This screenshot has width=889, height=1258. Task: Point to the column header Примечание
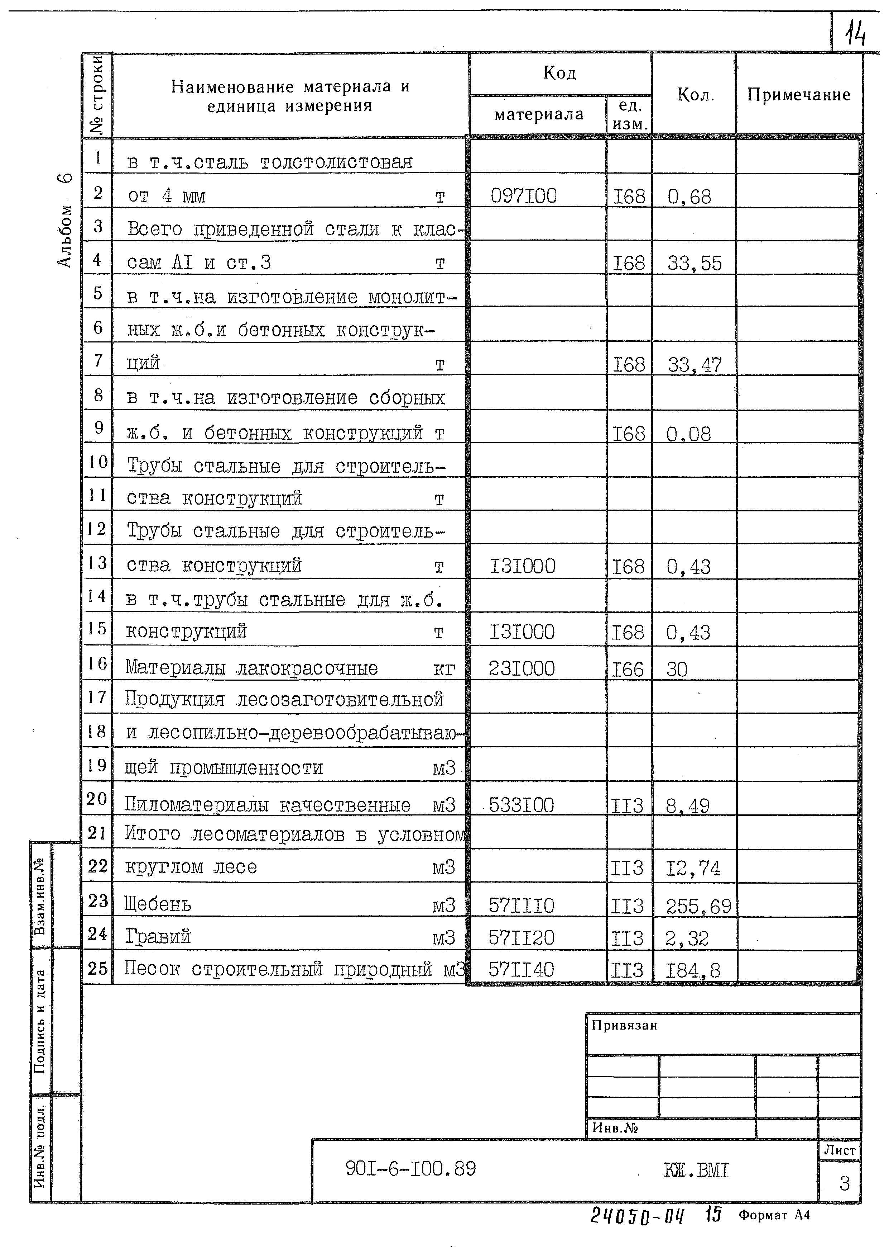[798, 95]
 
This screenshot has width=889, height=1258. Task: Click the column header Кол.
[695, 95]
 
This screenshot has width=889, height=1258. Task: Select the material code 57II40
[521, 970]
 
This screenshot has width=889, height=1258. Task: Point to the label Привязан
[624, 1025]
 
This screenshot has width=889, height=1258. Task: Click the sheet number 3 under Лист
[844, 1183]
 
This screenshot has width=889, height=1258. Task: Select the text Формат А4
[774, 1230]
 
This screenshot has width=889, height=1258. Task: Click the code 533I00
[521, 805]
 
